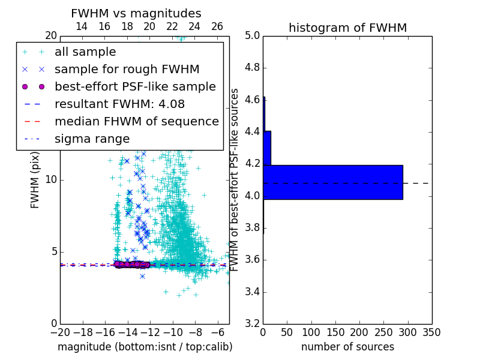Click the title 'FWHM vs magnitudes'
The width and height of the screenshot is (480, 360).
coord(136,13)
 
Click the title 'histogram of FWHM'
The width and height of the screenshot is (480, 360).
coord(347,28)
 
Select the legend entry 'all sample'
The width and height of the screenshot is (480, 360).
coord(85,52)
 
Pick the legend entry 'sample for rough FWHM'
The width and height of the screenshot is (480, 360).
coord(127,69)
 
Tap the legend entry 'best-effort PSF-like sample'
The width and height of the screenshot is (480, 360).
coord(135,86)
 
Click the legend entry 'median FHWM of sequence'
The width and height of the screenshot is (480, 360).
coord(137,121)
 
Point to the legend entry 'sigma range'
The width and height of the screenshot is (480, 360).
coord(92,139)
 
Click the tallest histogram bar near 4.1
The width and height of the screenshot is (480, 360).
coord(333,182)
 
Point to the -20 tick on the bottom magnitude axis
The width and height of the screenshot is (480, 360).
coord(60,332)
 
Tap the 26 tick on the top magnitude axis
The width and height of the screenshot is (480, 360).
coord(217,26)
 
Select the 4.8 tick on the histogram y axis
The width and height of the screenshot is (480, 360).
coord(253,68)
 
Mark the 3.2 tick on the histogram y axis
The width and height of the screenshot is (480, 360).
coord(253,324)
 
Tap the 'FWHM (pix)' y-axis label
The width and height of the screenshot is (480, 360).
coord(35,179)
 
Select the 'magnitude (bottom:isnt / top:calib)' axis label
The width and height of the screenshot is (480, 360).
coord(145,347)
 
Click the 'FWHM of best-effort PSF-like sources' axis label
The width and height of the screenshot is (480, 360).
coord(235,179)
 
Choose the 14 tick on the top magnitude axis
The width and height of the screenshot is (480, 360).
coord(82,26)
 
